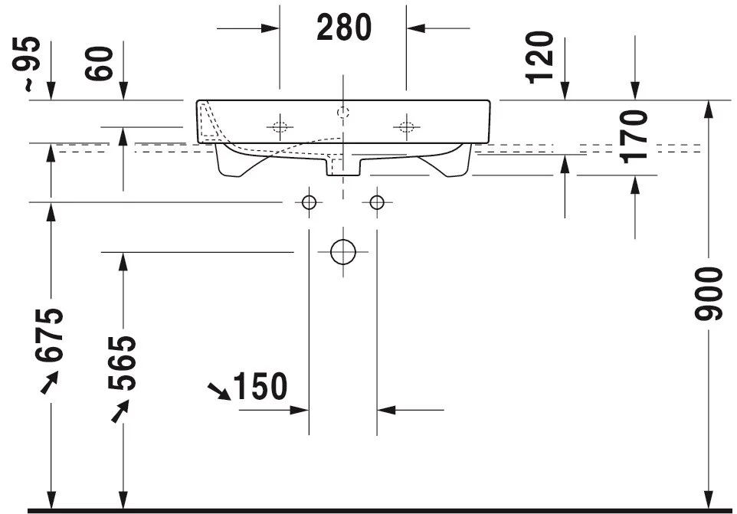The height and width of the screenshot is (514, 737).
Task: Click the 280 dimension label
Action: coord(344,28)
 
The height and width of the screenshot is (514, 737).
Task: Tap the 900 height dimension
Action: coord(709,293)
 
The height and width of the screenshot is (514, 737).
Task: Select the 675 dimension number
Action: coord(49,335)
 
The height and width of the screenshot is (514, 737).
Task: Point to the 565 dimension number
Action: coord(122,363)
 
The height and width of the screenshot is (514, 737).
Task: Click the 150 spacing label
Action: coord(260,386)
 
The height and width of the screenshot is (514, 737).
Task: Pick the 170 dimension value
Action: coord(634,136)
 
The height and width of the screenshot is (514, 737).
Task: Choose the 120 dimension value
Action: coord(540,57)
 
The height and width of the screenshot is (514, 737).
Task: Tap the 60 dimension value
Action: coord(99,63)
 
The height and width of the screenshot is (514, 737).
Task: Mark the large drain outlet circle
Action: coord(343,252)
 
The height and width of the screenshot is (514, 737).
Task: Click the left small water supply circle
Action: coord(309,202)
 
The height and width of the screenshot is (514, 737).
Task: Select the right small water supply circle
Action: coord(377,202)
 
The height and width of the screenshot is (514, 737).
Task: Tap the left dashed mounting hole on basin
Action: coord(280,126)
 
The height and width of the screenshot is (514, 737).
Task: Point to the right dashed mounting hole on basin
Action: coord(407,126)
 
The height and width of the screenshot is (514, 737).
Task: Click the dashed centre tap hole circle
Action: coord(343,113)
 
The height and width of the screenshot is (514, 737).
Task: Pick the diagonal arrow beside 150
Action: coord(219,391)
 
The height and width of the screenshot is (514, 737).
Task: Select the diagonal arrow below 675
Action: coord(49,382)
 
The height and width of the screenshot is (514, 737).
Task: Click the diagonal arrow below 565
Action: coord(120,411)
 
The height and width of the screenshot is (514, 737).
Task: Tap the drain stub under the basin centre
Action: coord(343,167)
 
